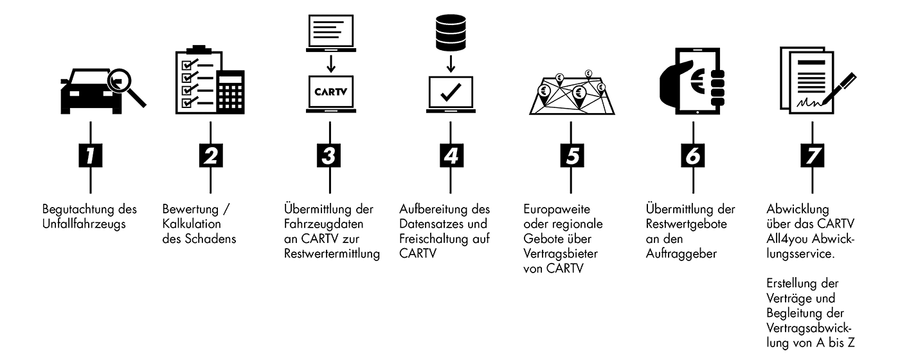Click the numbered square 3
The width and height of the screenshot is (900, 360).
(x=330, y=156)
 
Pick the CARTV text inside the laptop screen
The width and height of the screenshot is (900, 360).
(x=330, y=92)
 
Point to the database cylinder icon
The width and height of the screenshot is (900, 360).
(x=451, y=28)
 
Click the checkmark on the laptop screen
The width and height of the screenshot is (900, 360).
(x=451, y=92)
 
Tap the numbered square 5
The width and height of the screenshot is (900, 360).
(x=571, y=156)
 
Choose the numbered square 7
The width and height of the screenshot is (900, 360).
(x=812, y=156)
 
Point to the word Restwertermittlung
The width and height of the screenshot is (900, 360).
(x=332, y=253)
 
